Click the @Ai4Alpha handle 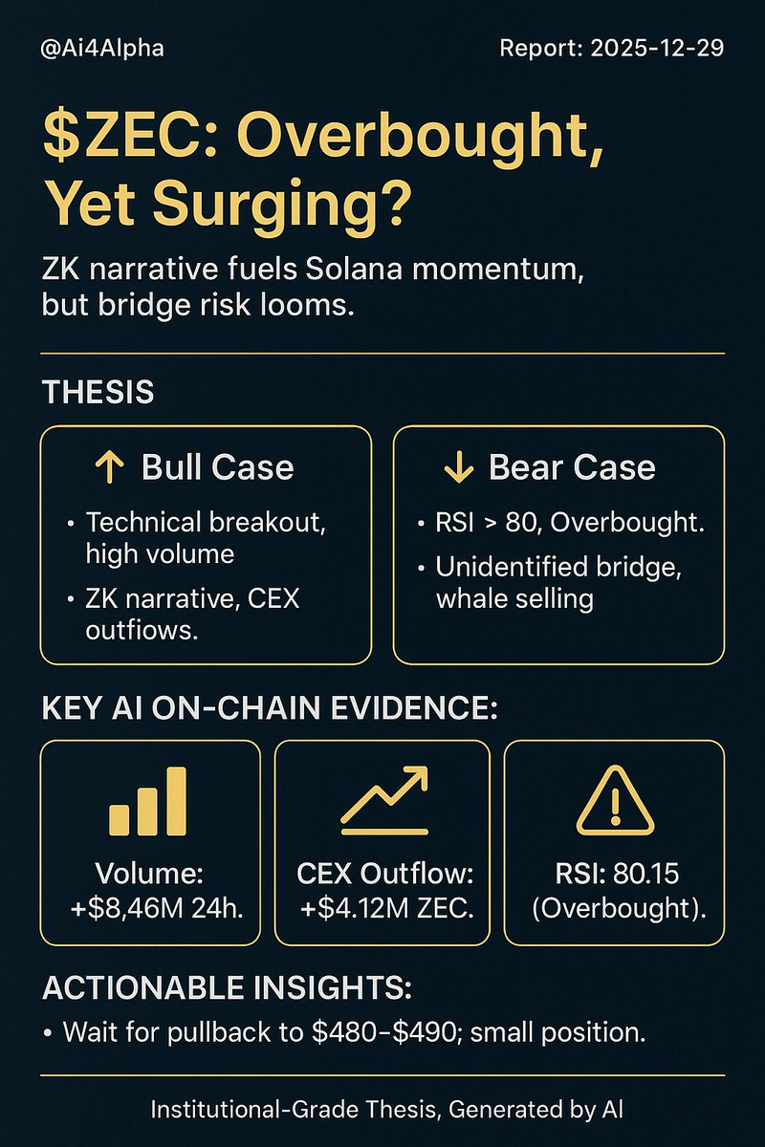102,48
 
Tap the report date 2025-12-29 660,48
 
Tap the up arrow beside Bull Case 109,467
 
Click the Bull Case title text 217,467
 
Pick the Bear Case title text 572,467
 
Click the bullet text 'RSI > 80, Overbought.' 559,524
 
